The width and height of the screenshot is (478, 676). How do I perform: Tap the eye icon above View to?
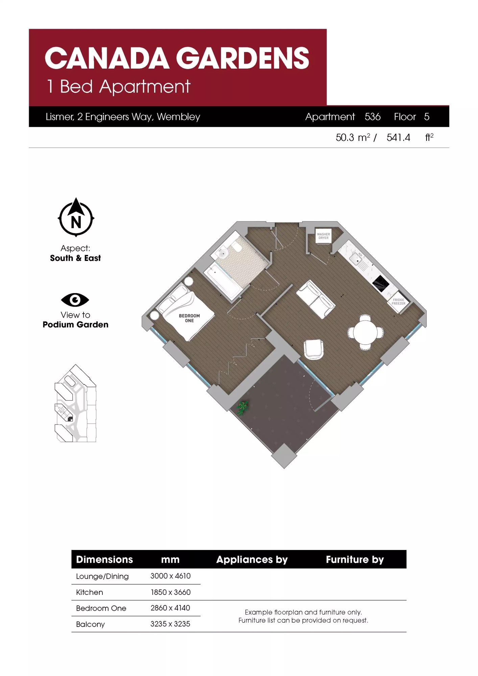pos(75,300)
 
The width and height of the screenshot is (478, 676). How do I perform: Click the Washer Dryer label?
pos(324,236)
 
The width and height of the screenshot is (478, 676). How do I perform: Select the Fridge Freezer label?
pos(399,301)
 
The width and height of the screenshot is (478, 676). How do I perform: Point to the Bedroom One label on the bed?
pos(189,318)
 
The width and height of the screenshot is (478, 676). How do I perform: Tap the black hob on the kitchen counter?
pos(381,284)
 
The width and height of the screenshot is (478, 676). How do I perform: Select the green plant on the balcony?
pos(242,408)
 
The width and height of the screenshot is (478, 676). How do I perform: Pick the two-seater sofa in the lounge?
pos(316,299)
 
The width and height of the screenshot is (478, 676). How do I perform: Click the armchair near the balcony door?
pos(314,349)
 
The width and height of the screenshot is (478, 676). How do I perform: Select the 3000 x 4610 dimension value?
pos(170,576)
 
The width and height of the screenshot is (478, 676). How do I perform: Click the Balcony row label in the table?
pos(90,624)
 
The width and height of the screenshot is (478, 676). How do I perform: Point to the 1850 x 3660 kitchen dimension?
pos(170,592)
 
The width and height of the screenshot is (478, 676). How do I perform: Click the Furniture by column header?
pos(355,560)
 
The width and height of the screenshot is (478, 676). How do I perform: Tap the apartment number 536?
pos(373,117)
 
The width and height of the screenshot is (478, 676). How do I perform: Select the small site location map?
pos(75,403)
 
